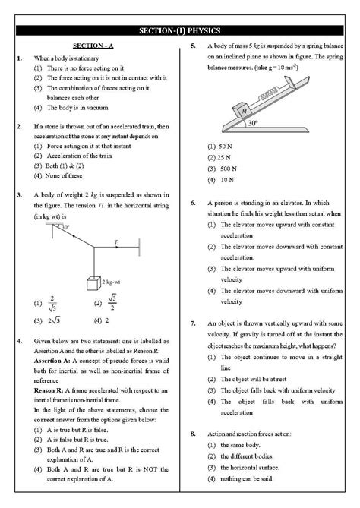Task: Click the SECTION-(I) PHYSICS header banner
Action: tap(180, 30)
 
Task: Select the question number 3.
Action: tap(18, 195)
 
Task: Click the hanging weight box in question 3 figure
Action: tap(93, 284)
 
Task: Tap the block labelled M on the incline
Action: tap(245, 111)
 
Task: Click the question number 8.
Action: tap(194, 434)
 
